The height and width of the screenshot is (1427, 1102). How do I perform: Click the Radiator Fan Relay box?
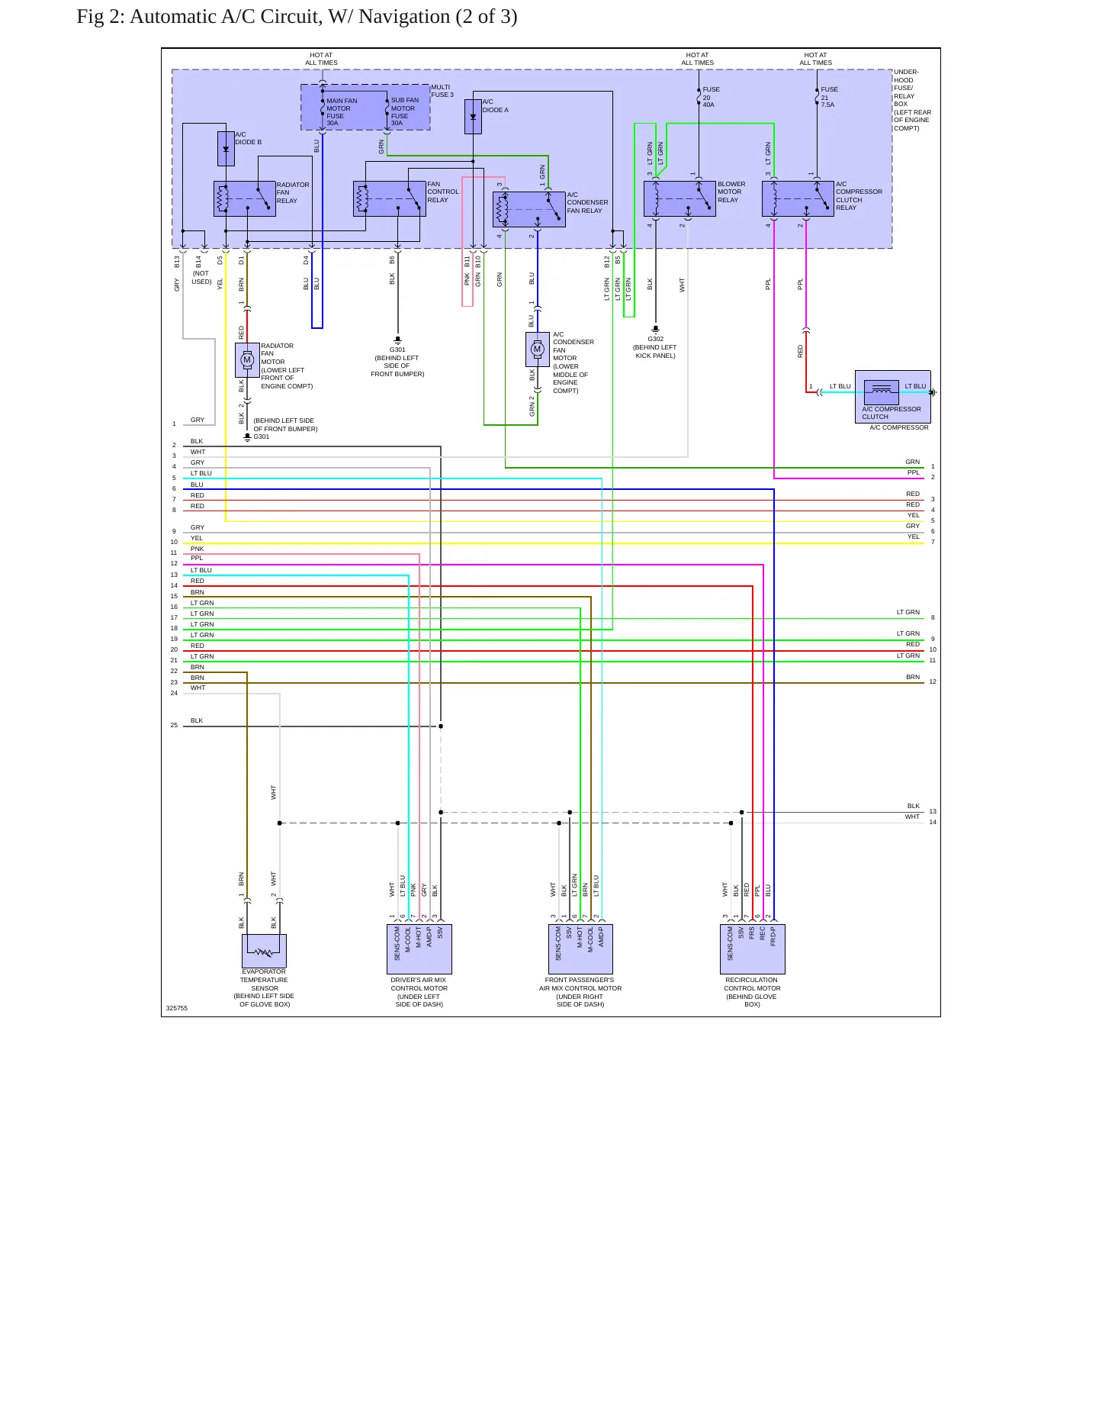[244, 198]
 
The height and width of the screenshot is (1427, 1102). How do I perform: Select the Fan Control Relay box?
[389, 198]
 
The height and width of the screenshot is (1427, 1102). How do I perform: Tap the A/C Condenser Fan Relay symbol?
[529, 209]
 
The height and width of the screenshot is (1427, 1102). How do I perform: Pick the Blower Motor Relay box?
[680, 198]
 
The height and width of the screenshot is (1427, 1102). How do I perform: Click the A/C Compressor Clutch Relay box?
[798, 198]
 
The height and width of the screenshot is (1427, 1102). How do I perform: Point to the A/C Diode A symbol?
[473, 116]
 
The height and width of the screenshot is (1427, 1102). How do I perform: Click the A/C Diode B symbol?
[226, 149]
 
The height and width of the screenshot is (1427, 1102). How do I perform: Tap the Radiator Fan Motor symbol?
[247, 360]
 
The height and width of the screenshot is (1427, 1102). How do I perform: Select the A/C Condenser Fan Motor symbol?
[538, 350]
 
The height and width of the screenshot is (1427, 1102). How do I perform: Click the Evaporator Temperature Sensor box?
[264, 951]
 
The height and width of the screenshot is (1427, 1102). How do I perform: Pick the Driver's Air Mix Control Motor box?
[419, 949]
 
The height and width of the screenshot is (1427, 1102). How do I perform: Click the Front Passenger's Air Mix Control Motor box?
[580, 949]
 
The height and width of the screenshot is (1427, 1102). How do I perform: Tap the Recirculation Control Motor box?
[753, 949]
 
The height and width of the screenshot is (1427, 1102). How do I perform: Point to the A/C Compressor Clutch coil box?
[881, 391]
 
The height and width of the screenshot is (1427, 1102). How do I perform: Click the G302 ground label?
[656, 340]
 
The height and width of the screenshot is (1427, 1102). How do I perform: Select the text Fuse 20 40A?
[711, 97]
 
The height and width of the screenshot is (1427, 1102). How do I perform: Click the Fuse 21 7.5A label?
[829, 97]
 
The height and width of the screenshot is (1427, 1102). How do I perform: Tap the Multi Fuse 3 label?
[442, 91]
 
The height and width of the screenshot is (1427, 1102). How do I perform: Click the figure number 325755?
[177, 1008]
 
